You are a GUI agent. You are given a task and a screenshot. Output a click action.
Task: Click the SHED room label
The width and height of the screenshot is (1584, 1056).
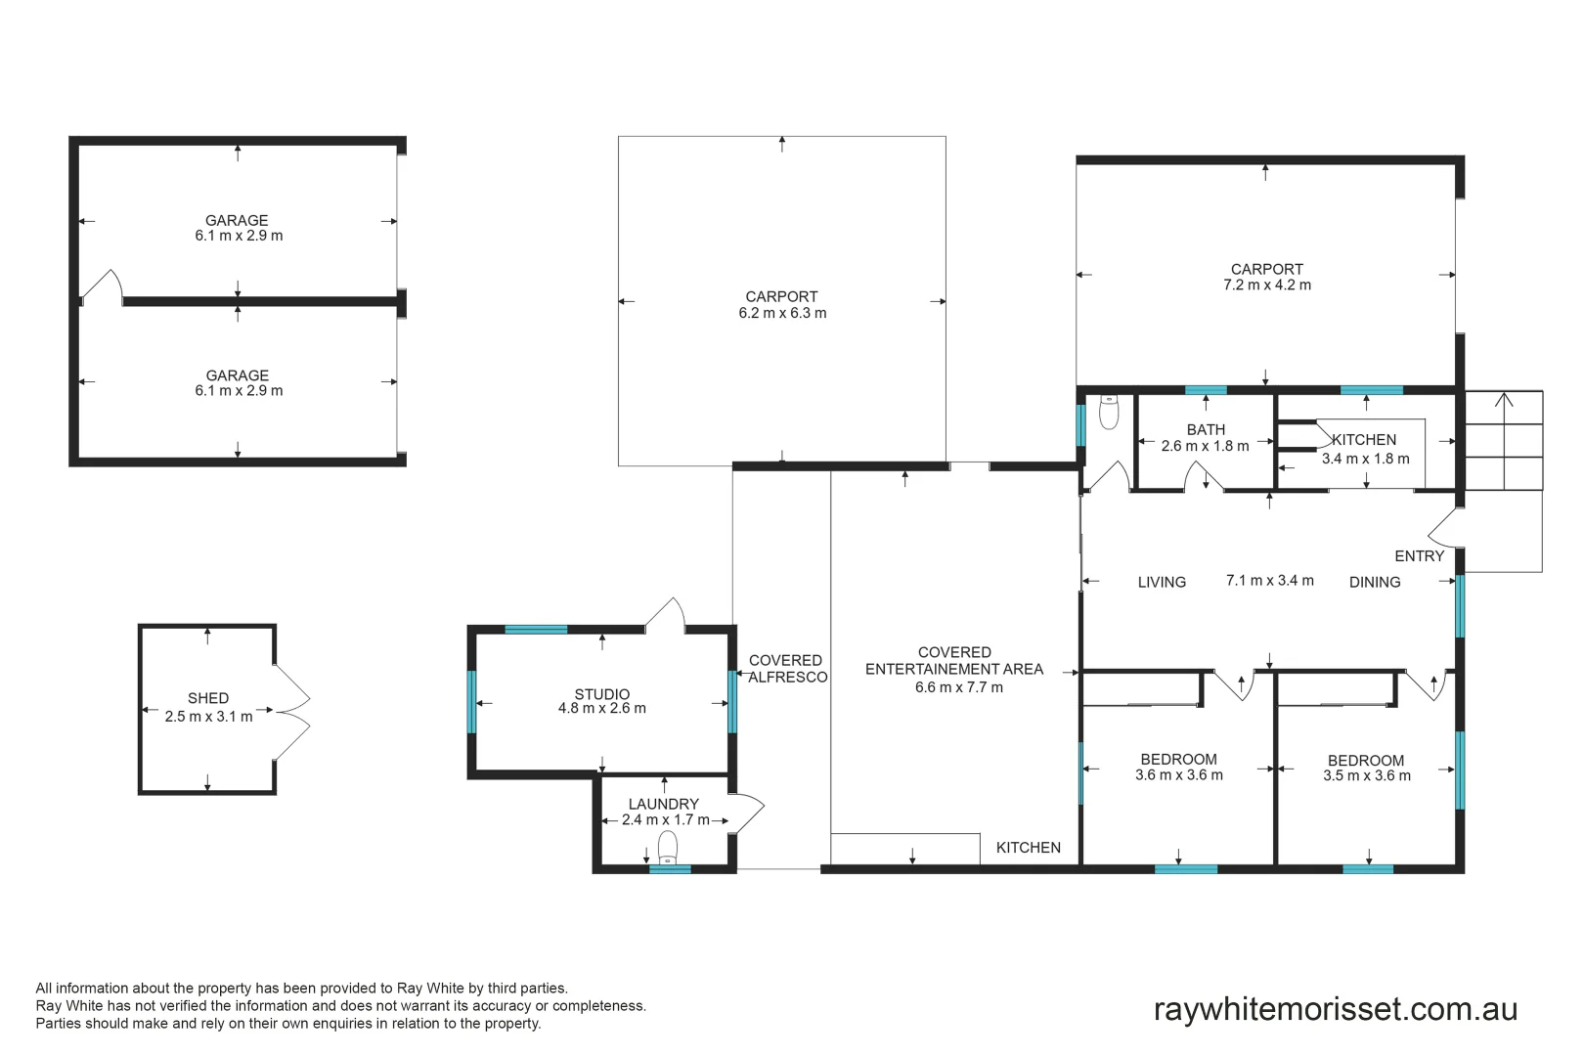pos(207,698)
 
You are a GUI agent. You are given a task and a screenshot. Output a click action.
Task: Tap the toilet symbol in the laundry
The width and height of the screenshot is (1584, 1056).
pos(668,847)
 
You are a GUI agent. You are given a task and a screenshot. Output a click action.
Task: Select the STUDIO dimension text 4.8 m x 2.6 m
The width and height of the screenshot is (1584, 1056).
pos(601,709)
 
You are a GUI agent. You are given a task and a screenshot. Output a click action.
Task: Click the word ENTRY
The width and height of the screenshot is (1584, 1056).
pos(1419,556)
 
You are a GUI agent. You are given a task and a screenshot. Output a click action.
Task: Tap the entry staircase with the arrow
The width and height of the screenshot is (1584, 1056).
pos(1503,440)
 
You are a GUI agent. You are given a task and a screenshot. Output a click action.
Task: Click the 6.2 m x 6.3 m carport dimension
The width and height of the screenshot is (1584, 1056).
pos(782,314)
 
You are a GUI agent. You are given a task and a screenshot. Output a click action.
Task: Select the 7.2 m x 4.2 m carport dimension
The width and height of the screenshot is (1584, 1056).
pos(1266,286)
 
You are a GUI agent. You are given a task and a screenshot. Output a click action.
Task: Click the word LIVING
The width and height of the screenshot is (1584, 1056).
pos(1162,583)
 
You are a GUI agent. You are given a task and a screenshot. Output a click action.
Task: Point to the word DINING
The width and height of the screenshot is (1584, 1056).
pos(1374,583)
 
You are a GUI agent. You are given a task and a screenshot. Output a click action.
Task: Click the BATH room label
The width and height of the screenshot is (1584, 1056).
pos(1206,430)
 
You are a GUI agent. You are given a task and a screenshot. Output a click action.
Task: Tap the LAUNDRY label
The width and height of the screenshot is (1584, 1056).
pos(663,804)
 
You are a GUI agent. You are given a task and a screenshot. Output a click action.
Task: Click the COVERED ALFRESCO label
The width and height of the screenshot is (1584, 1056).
pos(786,669)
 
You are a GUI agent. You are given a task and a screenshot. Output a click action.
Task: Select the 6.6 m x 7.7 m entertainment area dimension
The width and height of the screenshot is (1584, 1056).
pos(958,687)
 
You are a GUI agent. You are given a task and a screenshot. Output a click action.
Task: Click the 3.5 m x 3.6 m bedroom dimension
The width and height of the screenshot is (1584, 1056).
pos(1366,776)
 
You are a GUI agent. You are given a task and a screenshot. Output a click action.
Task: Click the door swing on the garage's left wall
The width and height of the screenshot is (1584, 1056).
pos(102,286)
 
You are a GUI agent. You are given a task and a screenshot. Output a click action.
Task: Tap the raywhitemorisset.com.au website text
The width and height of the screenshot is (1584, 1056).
pos(1335,1009)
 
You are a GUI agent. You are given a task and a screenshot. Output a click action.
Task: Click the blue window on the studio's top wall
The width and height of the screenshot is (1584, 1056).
pos(536,630)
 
